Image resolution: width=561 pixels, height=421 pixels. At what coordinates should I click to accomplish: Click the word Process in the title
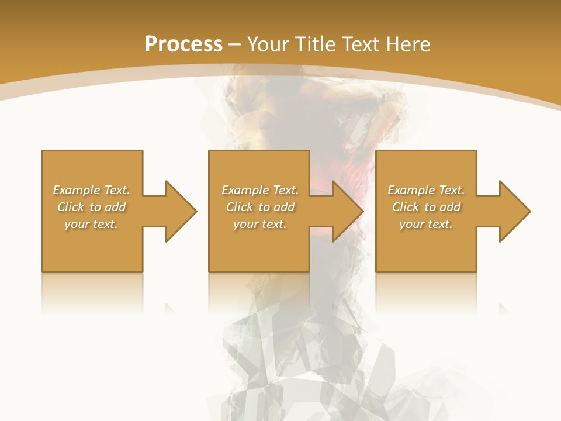(183, 44)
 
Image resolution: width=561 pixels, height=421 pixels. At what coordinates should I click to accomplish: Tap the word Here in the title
(409, 44)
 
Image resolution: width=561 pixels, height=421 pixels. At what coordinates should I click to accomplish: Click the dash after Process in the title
(234, 44)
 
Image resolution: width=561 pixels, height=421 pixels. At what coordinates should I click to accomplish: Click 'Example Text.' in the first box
(91, 190)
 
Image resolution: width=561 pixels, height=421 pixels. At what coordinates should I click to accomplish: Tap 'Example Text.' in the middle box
(260, 190)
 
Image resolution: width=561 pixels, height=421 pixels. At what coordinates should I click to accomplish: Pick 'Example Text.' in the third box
(426, 190)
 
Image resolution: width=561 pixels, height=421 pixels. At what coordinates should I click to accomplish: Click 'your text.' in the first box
(91, 224)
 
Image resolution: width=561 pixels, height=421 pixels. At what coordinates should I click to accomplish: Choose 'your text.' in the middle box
(260, 224)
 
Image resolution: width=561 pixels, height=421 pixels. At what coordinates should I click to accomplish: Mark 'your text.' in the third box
(426, 224)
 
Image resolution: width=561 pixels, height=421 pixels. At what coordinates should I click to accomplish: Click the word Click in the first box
(71, 207)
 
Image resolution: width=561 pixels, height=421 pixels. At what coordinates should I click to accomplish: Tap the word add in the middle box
(284, 207)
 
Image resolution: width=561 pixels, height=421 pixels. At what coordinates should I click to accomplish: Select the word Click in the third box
(406, 207)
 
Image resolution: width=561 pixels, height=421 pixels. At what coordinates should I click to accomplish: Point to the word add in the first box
(115, 207)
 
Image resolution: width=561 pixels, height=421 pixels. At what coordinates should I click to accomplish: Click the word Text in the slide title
(362, 44)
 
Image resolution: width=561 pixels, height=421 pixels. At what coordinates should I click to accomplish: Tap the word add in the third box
(450, 207)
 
